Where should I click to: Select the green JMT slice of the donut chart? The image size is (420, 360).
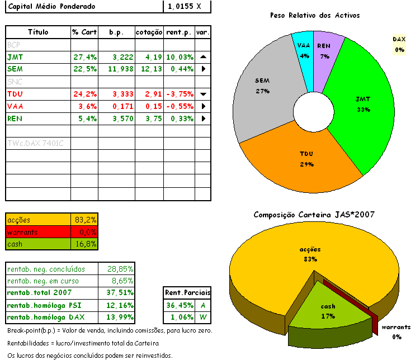[x=358, y=106]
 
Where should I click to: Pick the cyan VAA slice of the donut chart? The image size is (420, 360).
[x=304, y=51]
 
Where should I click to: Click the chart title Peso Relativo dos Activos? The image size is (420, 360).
[x=314, y=15]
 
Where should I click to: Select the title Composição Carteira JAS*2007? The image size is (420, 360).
[x=314, y=215]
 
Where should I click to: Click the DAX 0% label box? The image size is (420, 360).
[x=399, y=44]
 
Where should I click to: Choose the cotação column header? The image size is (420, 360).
[x=149, y=32]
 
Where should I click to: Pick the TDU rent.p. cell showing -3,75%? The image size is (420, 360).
[x=180, y=94]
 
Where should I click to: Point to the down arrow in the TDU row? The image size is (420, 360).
[x=203, y=94]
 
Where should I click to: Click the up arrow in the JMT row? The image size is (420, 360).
[x=203, y=57]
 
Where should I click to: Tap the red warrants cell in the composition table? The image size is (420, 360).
[x=38, y=232]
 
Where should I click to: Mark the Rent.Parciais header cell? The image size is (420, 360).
[x=187, y=293]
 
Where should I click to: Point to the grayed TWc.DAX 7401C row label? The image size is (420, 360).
[x=37, y=144]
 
